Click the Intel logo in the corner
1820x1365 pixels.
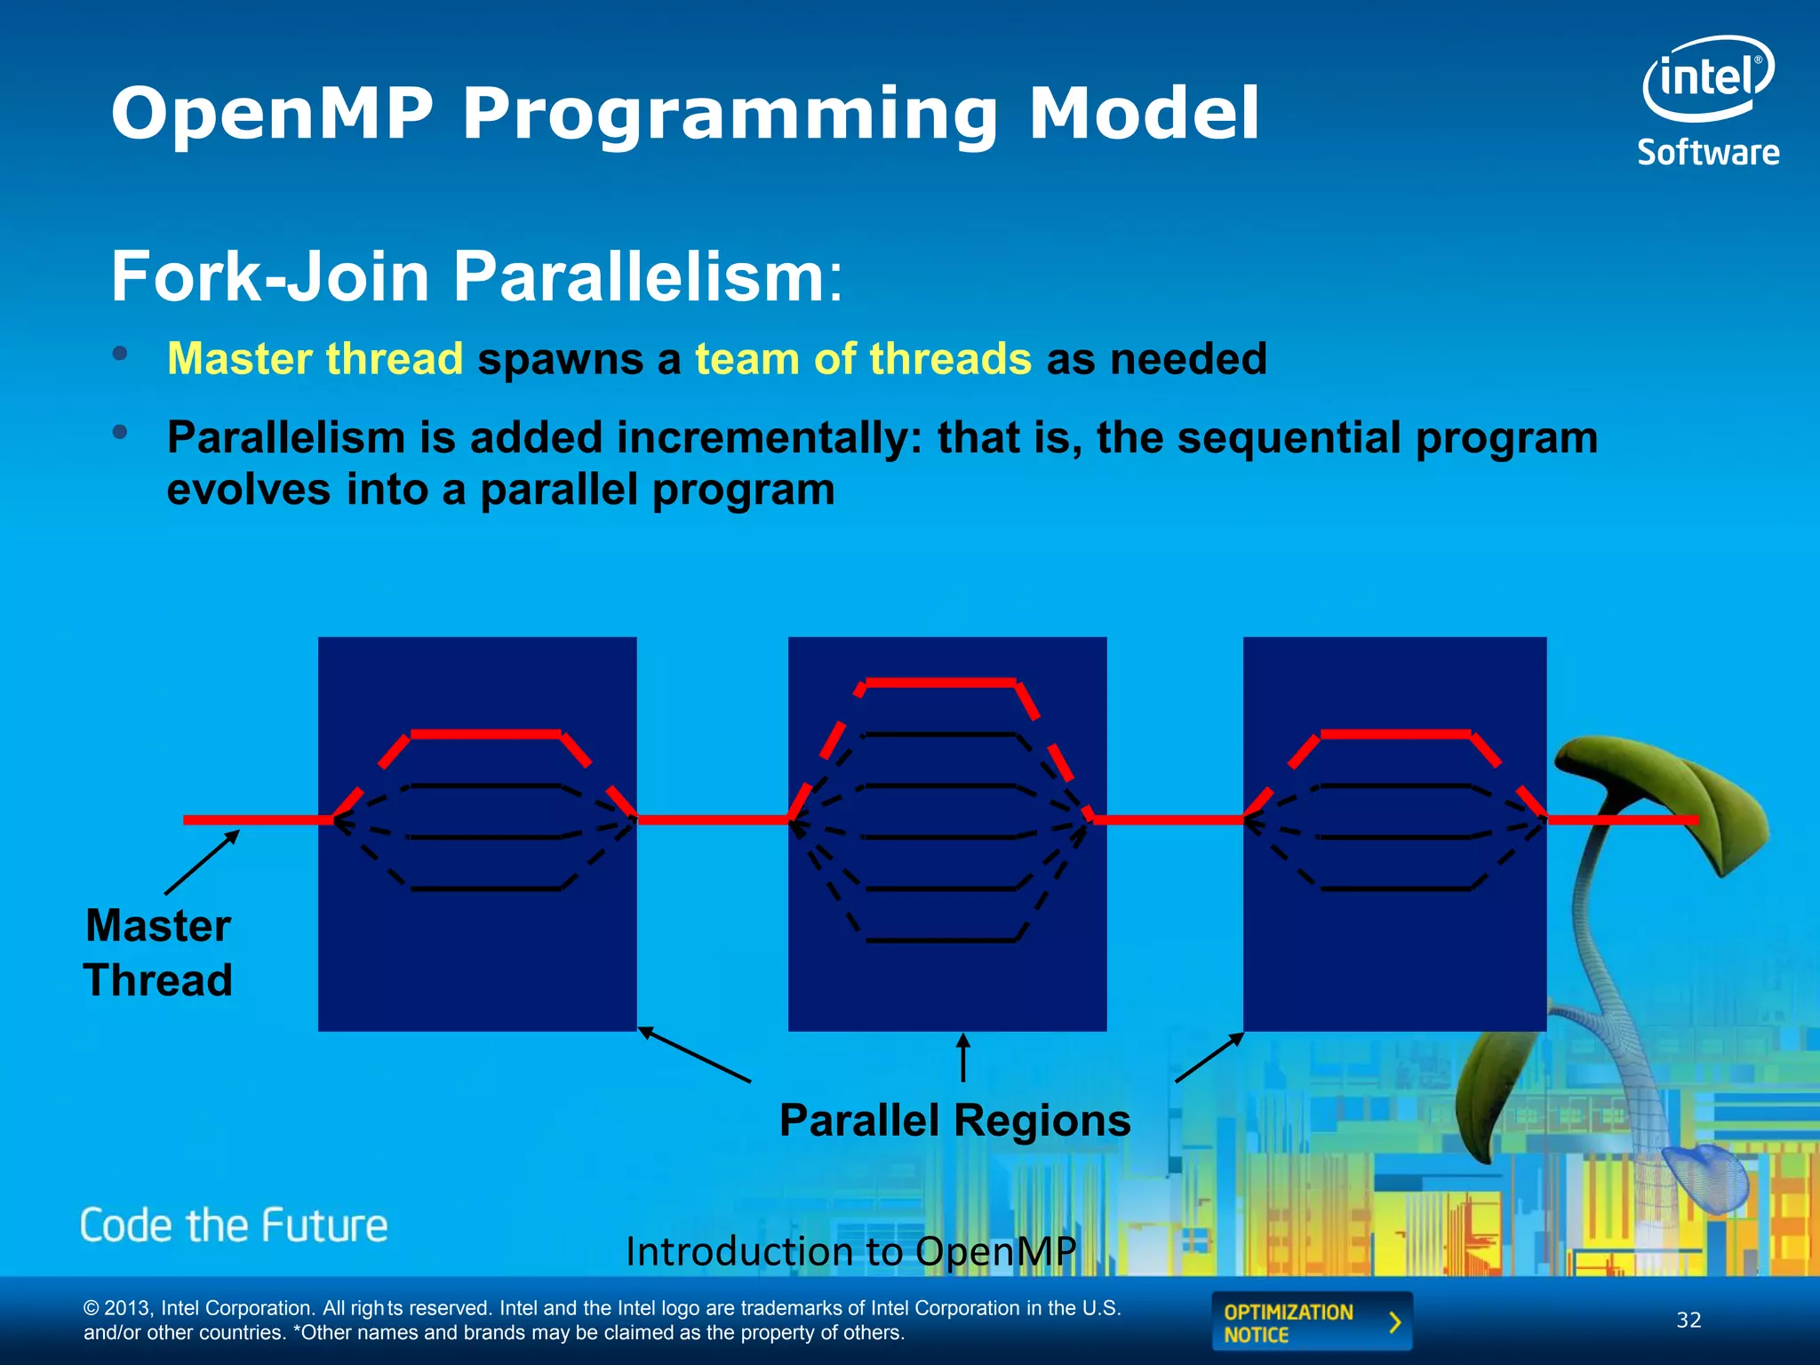pos(1707,77)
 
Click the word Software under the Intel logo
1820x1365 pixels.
pos(1708,153)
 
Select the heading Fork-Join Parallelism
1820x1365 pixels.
pos(475,276)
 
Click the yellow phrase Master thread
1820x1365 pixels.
pos(315,359)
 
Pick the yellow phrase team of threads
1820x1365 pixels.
pos(863,359)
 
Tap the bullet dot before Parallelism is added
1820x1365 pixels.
pos(120,433)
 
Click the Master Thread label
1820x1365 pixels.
pos(158,953)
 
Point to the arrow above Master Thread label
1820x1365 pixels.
pos(203,862)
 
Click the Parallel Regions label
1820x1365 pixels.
pos(954,1120)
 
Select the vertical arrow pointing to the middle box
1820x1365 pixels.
pos(963,1058)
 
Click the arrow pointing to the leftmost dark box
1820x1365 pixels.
pos(694,1055)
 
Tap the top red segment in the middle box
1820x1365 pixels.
pos(940,682)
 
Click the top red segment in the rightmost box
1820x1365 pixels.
pos(1395,734)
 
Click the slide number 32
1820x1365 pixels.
pos(1688,1321)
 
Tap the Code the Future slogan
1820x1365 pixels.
pos(234,1225)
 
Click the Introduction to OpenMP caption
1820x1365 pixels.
pos(850,1251)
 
